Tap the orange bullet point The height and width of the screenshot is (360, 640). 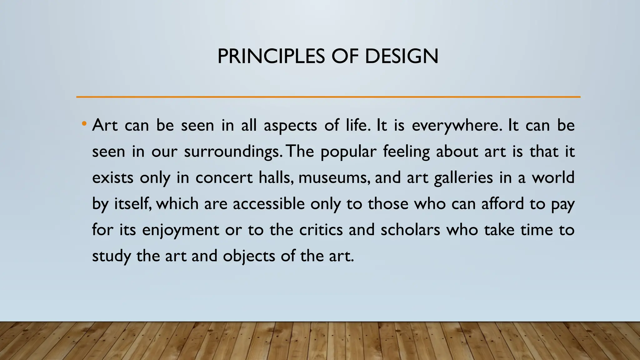coord(83,124)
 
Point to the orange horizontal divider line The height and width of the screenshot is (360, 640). coord(328,97)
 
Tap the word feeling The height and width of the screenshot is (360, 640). coord(406,152)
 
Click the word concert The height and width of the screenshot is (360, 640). coord(224,178)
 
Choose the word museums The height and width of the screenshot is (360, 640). coord(333,178)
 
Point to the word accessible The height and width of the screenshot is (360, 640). coord(268,204)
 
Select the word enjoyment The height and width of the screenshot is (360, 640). coord(181,230)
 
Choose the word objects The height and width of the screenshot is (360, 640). coord(249,256)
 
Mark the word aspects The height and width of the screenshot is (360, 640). coord(290,126)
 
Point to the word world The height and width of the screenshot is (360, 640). coord(553,178)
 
